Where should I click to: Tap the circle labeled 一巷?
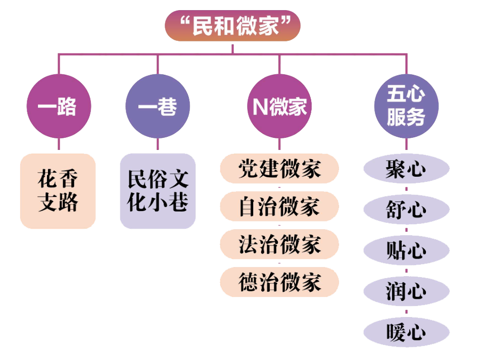pyautogui.click(x=157, y=107)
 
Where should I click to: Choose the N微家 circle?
pyautogui.click(x=279, y=107)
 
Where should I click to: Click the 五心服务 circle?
pyautogui.click(x=406, y=107)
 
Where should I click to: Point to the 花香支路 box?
pyautogui.click(x=58, y=191)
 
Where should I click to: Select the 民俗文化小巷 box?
pyautogui.click(x=158, y=191)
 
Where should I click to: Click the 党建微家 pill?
pyautogui.click(x=279, y=169)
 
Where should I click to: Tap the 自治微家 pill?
pyautogui.click(x=279, y=207)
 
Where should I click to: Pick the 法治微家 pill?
pyautogui.click(x=279, y=244)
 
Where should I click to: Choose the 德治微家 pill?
pyautogui.click(x=279, y=282)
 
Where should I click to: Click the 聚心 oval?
pyautogui.click(x=406, y=169)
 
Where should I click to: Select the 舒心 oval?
pyautogui.click(x=406, y=210)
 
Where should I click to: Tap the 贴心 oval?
pyautogui.click(x=406, y=250)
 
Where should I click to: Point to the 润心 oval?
pyautogui.click(x=406, y=291)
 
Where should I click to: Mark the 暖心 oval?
pyautogui.click(x=406, y=332)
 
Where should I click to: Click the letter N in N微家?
pyautogui.click(x=260, y=107)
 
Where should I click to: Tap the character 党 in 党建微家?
pyautogui.click(x=248, y=169)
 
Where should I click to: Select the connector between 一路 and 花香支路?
pyautogui.click(x=58, y=146)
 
